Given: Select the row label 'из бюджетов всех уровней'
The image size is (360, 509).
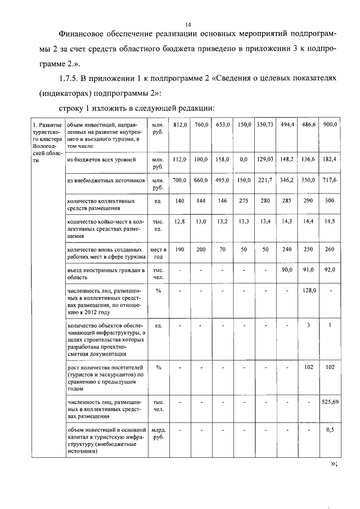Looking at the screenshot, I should point(98,159).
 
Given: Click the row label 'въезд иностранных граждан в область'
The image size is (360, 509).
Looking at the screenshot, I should point(103,274).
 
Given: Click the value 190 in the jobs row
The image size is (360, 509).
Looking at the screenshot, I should point(179,249).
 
